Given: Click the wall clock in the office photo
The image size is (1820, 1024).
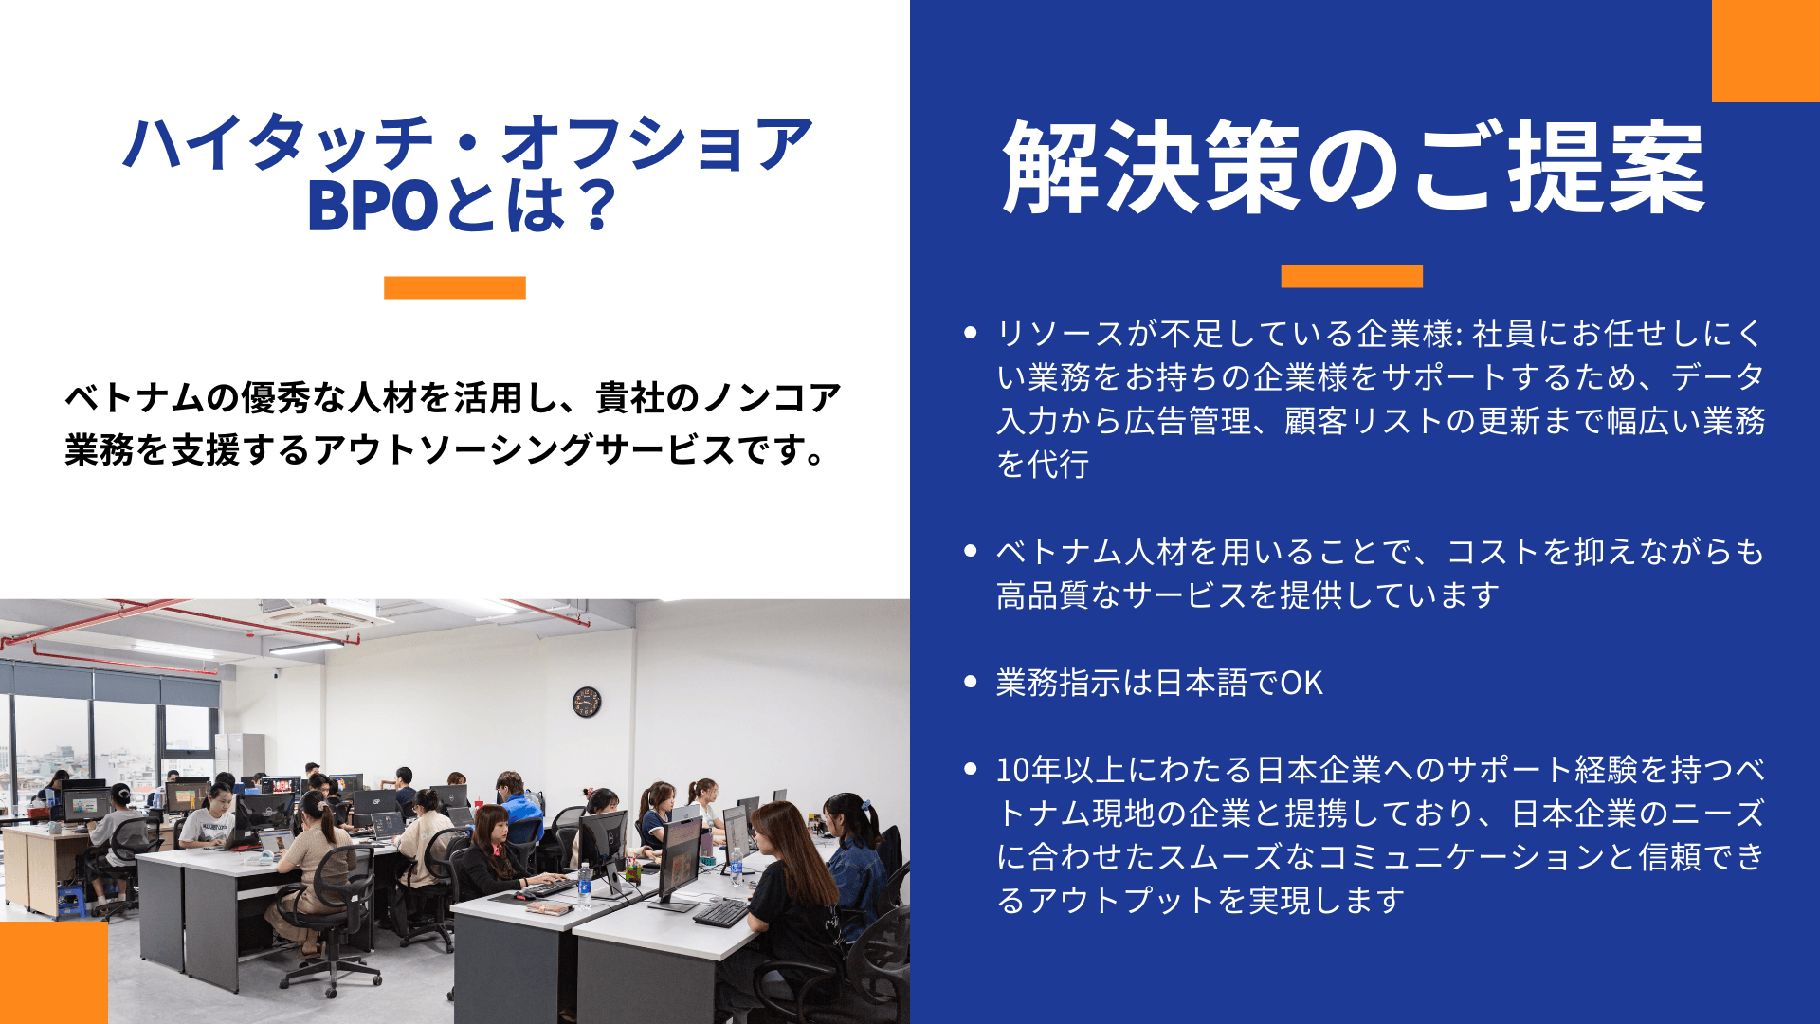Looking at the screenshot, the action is [587, 702].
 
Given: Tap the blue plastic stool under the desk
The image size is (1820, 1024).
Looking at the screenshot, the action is [72, 902].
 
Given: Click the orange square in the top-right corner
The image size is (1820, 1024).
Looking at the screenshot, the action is [1766, 51].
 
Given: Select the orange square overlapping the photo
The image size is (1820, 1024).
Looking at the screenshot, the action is [54, 973].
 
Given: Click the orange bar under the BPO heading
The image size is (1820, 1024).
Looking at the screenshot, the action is [455, 287].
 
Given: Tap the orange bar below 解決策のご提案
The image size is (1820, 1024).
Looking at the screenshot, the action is [1352, 276].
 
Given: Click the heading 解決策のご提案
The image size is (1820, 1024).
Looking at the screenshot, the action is [1354, 168].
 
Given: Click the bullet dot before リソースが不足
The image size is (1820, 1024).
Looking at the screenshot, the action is [970, 333].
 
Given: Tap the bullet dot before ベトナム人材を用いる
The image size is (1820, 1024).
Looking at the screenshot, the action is [970, 551].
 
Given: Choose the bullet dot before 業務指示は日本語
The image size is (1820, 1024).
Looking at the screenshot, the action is [970, 682].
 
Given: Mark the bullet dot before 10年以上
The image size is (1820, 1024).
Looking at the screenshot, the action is [970, 769].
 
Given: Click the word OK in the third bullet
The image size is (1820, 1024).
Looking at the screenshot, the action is [1301, 683].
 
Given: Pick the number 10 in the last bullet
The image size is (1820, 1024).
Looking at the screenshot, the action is [1013, 770].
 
